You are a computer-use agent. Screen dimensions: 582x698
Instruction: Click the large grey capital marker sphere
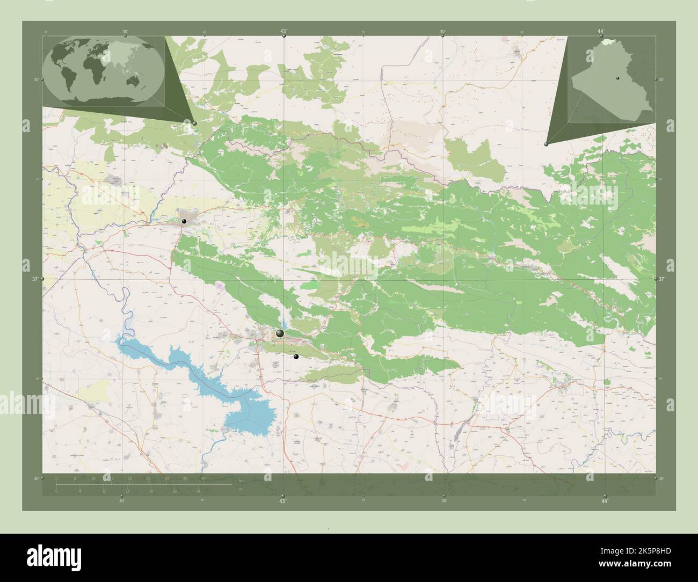[279, 334]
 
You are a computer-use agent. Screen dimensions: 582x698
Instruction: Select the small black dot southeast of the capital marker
[296, 357]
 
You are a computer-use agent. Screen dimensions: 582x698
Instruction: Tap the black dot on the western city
[184, 221]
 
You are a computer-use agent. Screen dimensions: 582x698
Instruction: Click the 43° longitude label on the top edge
[283, 32]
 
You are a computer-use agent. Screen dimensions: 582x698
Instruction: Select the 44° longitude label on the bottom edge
[605, 501]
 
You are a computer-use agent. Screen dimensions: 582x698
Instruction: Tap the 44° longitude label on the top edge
[601, 32]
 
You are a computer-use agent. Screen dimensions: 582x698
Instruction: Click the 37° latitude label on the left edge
[34, 279]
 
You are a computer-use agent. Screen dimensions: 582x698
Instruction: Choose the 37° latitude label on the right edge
[662, 279]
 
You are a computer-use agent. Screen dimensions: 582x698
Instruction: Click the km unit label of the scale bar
[242, 481]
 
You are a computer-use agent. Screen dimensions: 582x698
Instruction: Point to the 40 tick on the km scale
[203, 478]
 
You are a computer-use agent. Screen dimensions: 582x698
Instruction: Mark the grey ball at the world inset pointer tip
[194, 123]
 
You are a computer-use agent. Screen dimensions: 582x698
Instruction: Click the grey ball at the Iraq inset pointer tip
[546, 144]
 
